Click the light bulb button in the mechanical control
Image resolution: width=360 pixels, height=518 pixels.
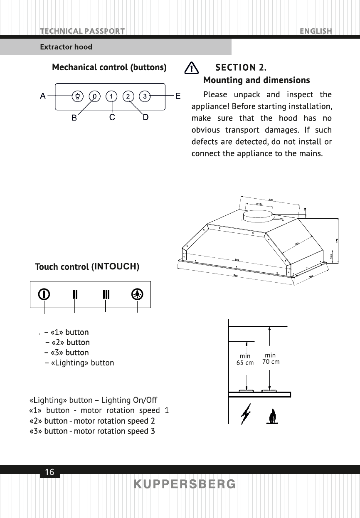click(x=78, y=96)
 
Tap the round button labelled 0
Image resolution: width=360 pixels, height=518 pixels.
click(x=95, y=96)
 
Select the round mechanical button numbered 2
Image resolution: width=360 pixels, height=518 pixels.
click(x=128, y=96)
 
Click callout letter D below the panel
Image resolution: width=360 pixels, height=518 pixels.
click(x=145, y=118)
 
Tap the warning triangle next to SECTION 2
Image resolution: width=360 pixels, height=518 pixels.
click(x=191, y=68)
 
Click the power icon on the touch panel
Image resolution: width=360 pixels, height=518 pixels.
click(x=44, y=294)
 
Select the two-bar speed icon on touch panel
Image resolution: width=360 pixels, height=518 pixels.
click(x=75, y=294)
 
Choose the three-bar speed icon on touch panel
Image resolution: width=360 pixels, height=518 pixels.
click(x=106, y=294)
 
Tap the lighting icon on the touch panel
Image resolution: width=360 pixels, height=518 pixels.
click(x=137, y=294)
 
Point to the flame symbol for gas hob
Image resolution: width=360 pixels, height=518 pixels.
click(x=272, y=416)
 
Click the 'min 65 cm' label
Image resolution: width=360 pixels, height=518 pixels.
click(x=245, y=359)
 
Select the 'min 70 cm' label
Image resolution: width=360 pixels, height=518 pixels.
click(x=271, y=358)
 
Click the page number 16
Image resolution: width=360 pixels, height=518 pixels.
click(x=49, y=472)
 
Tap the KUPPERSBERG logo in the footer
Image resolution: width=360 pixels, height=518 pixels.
click(x=185, y=484)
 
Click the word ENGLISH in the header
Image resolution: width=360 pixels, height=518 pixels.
click(x=316, y=31)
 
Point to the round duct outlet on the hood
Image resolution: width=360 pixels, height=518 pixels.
click(x=258, y=216)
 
